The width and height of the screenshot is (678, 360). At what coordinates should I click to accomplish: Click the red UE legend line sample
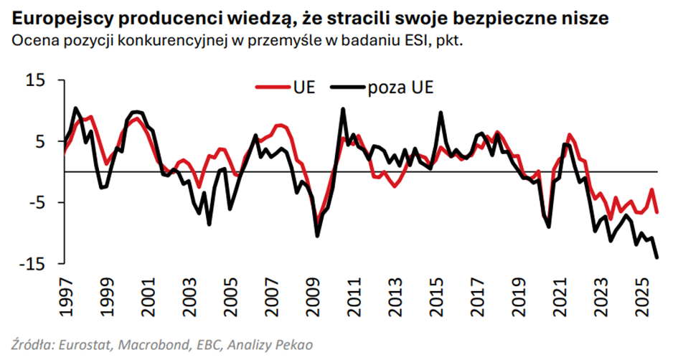pyautogui.click(x=272, y=87)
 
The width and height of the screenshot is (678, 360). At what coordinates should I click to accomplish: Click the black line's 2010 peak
pyautogui.click(x=343, y=109)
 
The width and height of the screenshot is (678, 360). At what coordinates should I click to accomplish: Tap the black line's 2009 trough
pyautogui.click(x=317, y=235)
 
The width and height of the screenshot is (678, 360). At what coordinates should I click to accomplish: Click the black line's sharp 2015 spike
pyautogui.click(x=441, y=113)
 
